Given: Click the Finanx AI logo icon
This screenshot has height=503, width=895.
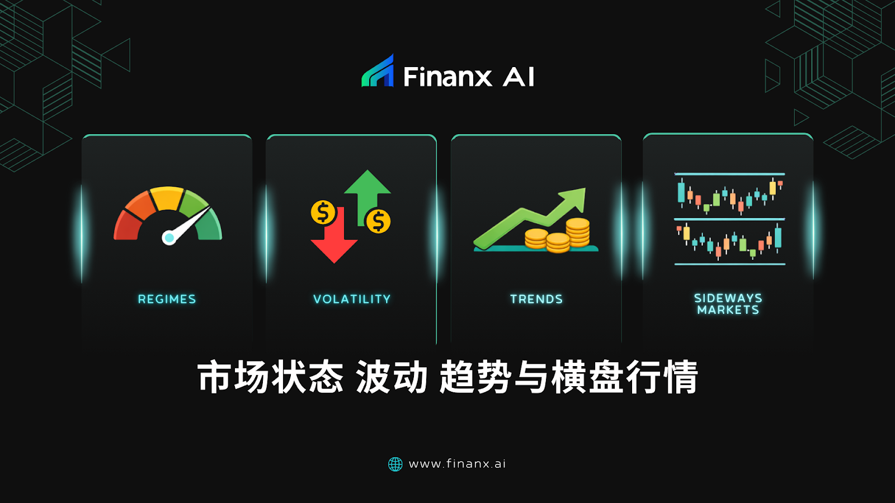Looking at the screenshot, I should pyautogui.click(x=378, y=72).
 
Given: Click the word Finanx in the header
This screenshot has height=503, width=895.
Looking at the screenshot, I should pyautogui.click(x=447, y=77).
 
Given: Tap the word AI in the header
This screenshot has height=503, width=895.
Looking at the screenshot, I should pyautogui.click(x=519, y=77).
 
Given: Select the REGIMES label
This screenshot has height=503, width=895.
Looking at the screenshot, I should pyautogui.click(x=167, y=299).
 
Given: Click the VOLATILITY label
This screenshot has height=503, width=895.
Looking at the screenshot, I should pyautogui.click(x=352, y=299).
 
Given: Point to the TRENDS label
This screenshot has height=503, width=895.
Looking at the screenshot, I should pyautogui.click(x=536, y=299).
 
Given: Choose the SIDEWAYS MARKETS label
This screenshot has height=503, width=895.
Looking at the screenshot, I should pyautogui.click(x=728, y=304).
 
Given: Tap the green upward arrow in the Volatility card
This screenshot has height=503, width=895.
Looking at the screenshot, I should pyautogui.click(x=367, y=190).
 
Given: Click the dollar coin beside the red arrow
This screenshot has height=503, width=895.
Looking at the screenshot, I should pyautogui.click(x=323, y=212).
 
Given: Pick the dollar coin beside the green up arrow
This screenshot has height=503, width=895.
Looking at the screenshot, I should pyautogui.click(x=378, y=221).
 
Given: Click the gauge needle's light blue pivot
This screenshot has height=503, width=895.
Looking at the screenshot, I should pyautogui.click(x=168, y=238).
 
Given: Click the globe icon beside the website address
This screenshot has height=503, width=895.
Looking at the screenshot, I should pyautogui.click(x=395, y=464).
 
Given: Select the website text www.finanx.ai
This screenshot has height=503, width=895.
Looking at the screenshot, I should pyautogui.click(x=457, y=464).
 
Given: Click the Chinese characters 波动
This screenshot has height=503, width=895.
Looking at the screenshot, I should pyautogui.click(x=392, y=377).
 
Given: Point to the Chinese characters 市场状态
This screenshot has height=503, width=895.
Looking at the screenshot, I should pyautogui.click(x=270, y=377).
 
